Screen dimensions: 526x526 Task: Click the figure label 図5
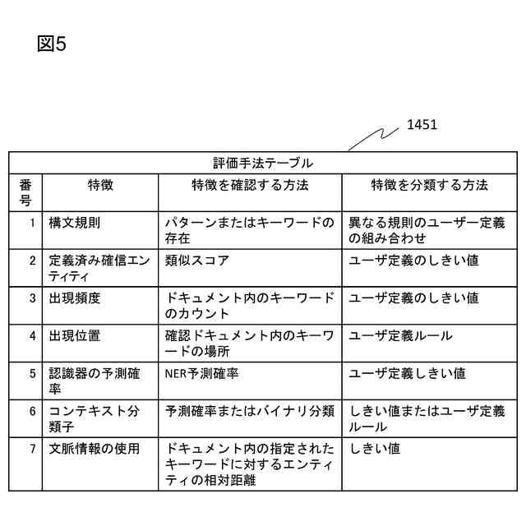51,44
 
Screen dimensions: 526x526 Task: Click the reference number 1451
422,125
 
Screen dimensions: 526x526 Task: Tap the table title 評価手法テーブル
262,163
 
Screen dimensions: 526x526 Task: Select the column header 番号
25,192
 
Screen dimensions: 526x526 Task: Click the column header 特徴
100,186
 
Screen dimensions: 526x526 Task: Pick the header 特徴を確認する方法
250,186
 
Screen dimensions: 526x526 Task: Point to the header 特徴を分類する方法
429,186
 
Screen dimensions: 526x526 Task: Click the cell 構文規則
75,223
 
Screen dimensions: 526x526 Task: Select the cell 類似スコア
197,261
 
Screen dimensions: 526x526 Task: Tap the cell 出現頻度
75,298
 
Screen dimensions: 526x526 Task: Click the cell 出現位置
75,335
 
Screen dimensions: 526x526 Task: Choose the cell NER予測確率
202,373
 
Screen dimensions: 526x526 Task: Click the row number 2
33,261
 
